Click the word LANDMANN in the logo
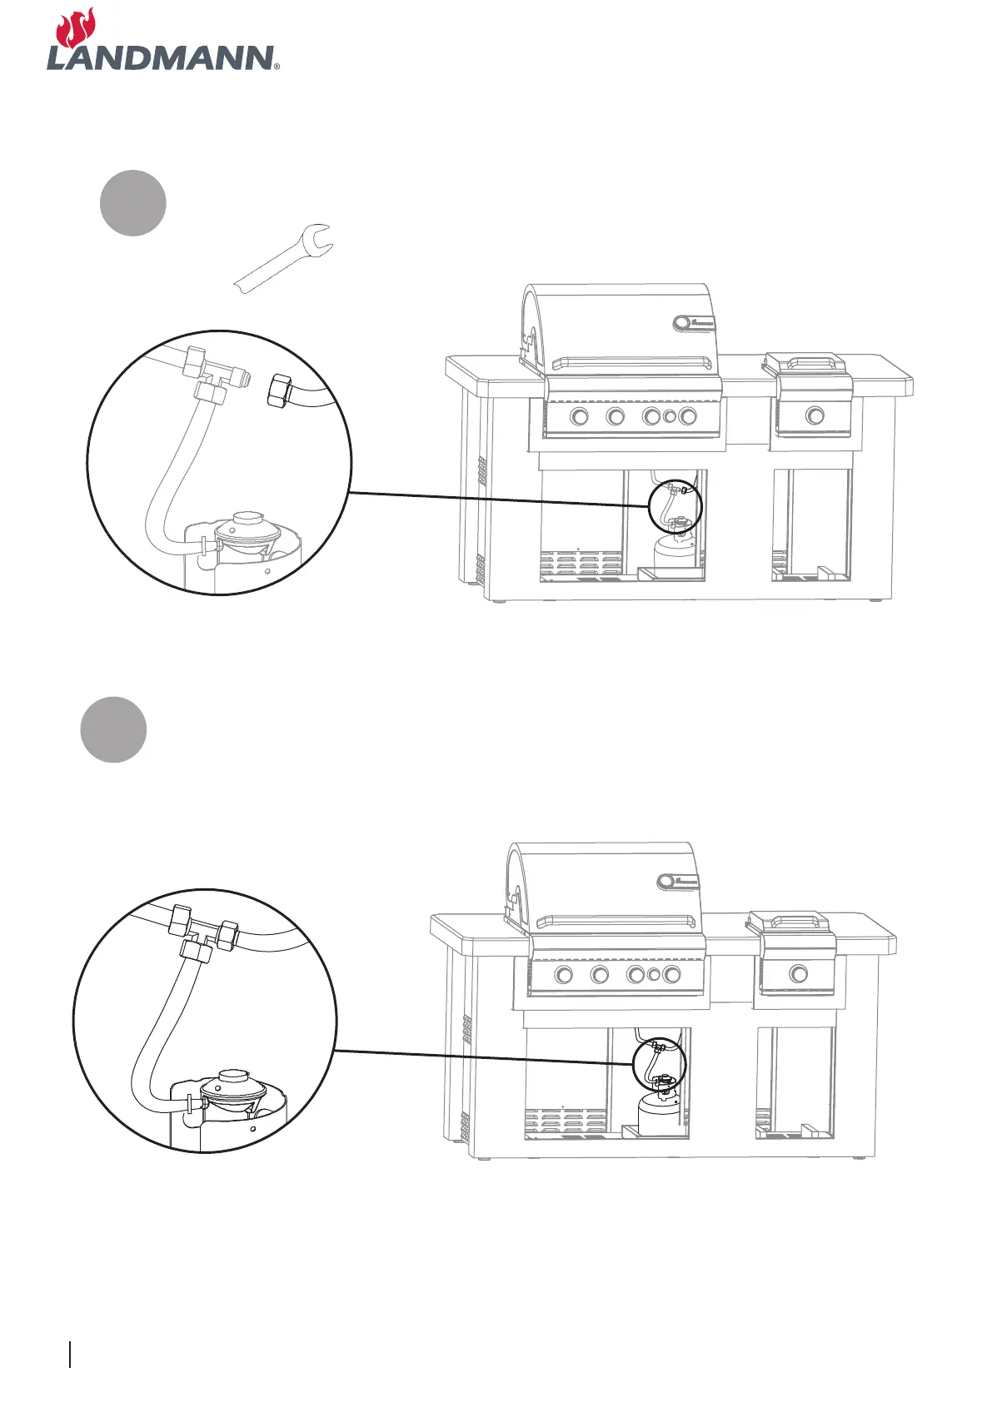[160, 58]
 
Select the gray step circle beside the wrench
[133, 203]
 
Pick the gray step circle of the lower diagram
[113, 729]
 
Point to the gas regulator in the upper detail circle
[247, 532]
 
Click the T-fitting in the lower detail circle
[203, 928]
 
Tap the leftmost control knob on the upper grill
[579, 416]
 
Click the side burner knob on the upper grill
[815, 415]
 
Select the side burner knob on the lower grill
[798, 973]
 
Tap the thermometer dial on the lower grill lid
[666, 881]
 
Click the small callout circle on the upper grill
[675, 507]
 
